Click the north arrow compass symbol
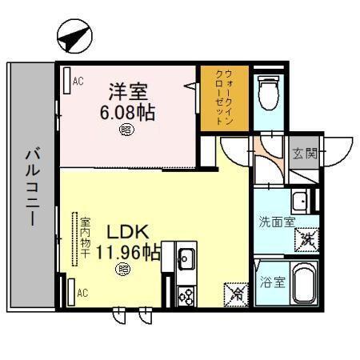tap(72, 36)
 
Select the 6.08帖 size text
tap(127, 111)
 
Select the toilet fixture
tap(270, 90)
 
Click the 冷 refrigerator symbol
tap(236, 294)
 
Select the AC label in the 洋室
tap(79, 81)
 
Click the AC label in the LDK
tap(82, 293)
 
